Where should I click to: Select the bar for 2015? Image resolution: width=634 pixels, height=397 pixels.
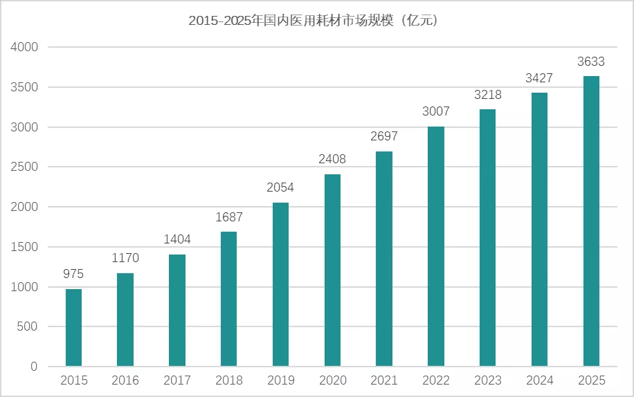(73, 328)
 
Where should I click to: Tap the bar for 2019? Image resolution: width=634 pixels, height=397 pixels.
(280, 284)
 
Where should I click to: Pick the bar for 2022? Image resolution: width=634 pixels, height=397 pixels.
(436, 246)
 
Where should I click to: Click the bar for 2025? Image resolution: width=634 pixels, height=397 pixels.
(591, 221)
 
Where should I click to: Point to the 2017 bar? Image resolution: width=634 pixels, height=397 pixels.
(177, 311)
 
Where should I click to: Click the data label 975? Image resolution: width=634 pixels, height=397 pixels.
(73, 275)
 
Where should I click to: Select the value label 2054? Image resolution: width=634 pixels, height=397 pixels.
(280, 188)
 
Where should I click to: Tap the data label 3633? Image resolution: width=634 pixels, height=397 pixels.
(591, 62)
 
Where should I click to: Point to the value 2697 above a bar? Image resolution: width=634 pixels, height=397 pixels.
(384, 137)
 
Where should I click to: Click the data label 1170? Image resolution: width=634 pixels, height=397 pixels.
(125, 259)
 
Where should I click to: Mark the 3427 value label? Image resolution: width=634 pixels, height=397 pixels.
(539, 78)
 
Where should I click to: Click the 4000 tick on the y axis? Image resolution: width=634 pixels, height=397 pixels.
(24, 48)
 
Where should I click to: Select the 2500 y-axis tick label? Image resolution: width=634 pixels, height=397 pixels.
(24, 167)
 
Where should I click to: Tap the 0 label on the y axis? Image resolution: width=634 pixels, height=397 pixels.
(33, 367)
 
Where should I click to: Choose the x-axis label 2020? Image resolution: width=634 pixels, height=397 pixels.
(332, 380)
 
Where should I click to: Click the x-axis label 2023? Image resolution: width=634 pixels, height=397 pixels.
(488, 380)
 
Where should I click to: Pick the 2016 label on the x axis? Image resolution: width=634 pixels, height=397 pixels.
(125, 380)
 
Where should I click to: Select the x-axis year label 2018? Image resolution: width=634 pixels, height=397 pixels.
(229, 380)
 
